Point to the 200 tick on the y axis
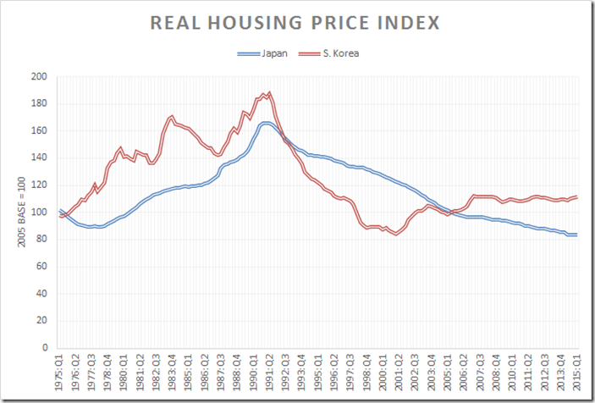coord(39,77)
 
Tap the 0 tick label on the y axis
coord(44,347)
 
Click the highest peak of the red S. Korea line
coord(269,92)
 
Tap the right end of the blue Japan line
coord(577,235)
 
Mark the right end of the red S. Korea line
coord(577,196)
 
